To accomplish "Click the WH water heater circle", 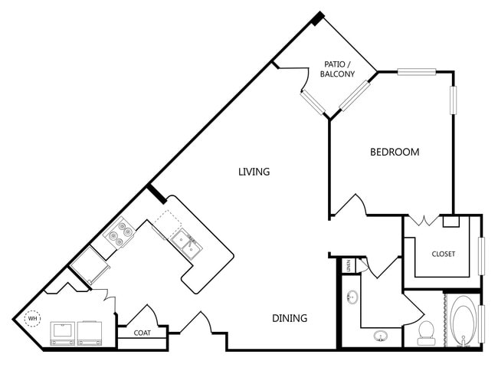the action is (x=33, y=318).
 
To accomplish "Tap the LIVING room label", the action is (x=254, y=172).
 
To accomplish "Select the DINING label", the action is (x=290, y=318).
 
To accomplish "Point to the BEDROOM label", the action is (x=395, y=152).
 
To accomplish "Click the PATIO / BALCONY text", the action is (x=337, y=69).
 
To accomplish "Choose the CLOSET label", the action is (x=444, y=254).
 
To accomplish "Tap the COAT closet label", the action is (x=142, y=333).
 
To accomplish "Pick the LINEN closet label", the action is (x=349, y=264).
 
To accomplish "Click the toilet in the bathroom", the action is (x=425, y=333).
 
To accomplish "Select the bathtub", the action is (x=464, y=321).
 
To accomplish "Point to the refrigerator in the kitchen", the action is (x=89, y=265).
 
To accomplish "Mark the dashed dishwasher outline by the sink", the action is (x=168, y=224).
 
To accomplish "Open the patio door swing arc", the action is (x=306, y=80).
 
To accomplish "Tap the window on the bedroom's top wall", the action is (x=416, y=72).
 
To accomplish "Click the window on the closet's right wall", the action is (x=482, y=256).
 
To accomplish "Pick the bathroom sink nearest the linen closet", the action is (x=352, y=297).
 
